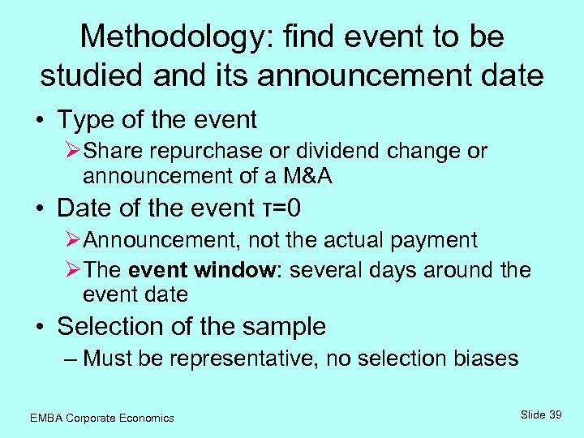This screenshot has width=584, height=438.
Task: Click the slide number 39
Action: pos(556,414)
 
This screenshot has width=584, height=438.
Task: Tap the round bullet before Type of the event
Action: pos(40,121)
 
